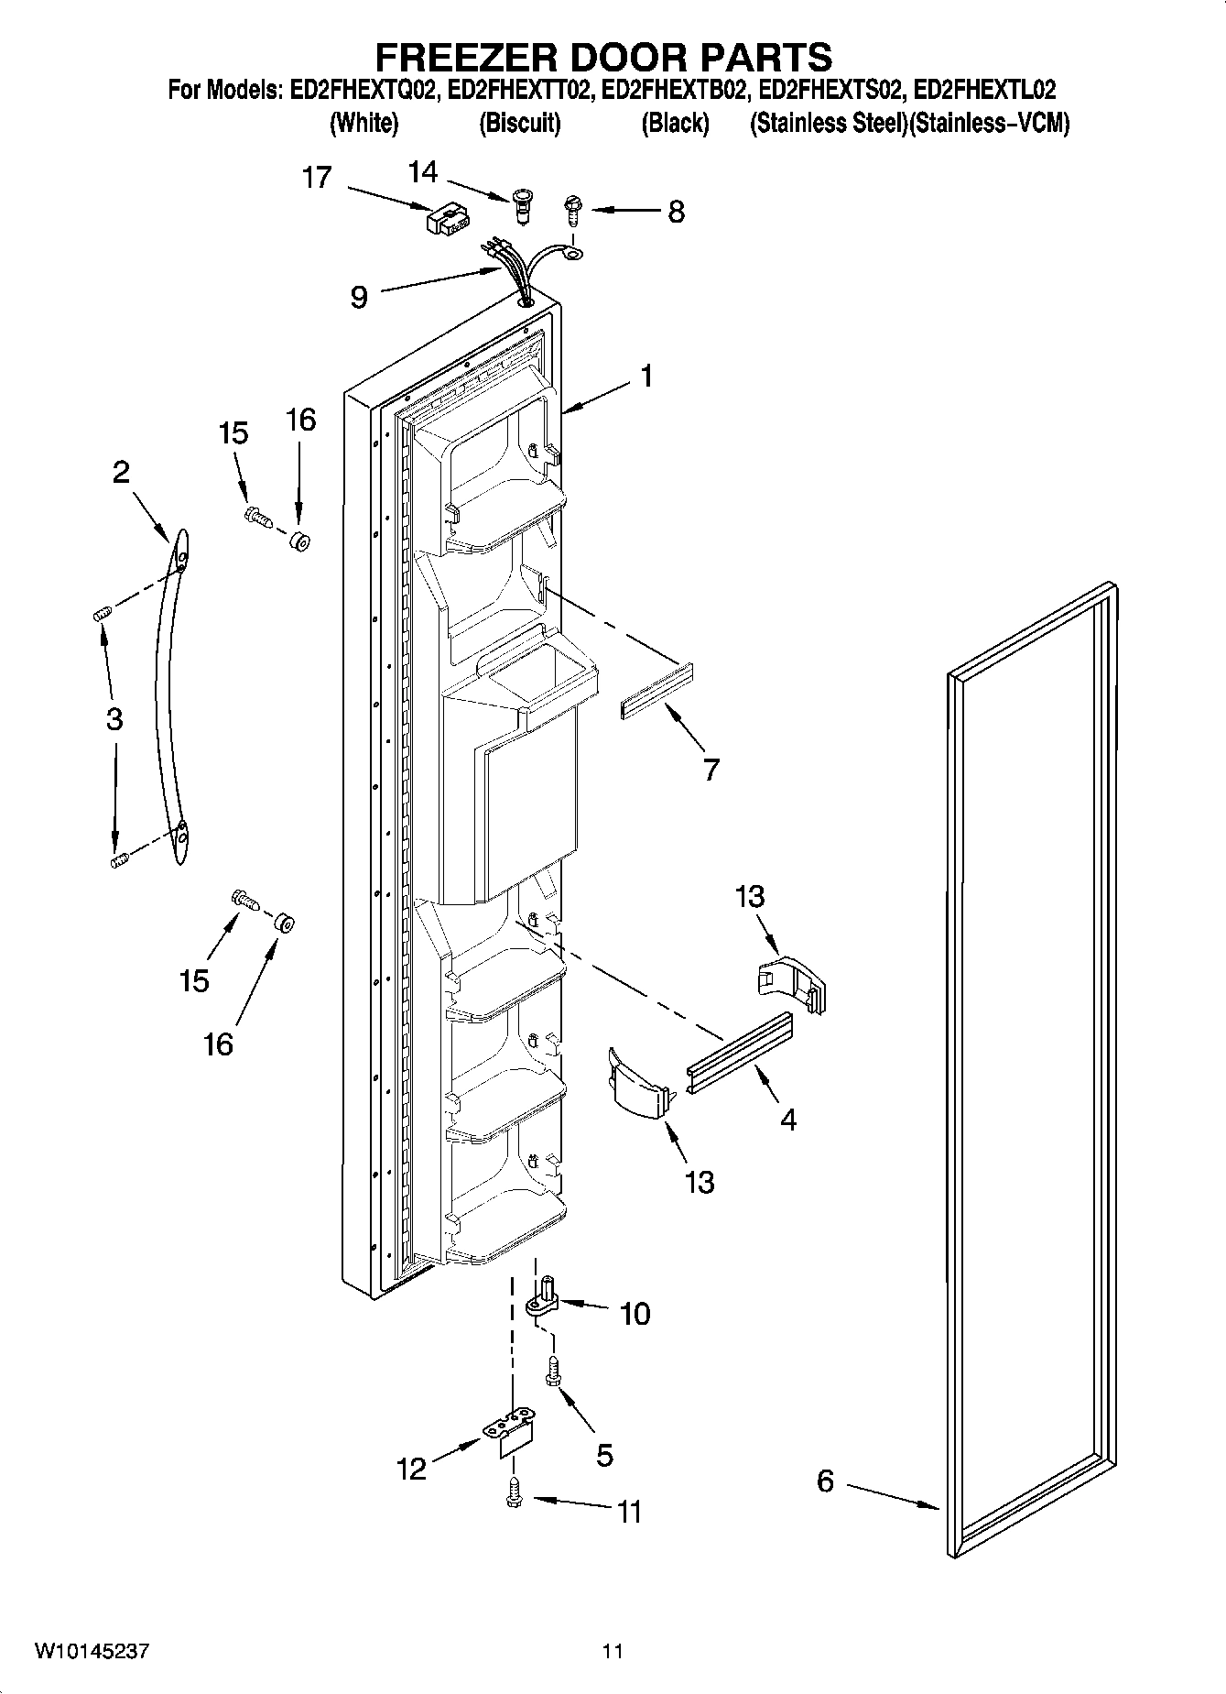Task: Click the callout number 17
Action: coord(317,177)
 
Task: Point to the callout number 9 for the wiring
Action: coord(359,297)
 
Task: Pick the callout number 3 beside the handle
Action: coord(114,719)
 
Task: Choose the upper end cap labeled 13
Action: coord(794,984)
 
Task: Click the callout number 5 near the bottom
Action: coord(604,1455)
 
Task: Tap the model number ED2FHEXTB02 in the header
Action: coord(671,90)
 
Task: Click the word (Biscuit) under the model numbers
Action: coord(519,124)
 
